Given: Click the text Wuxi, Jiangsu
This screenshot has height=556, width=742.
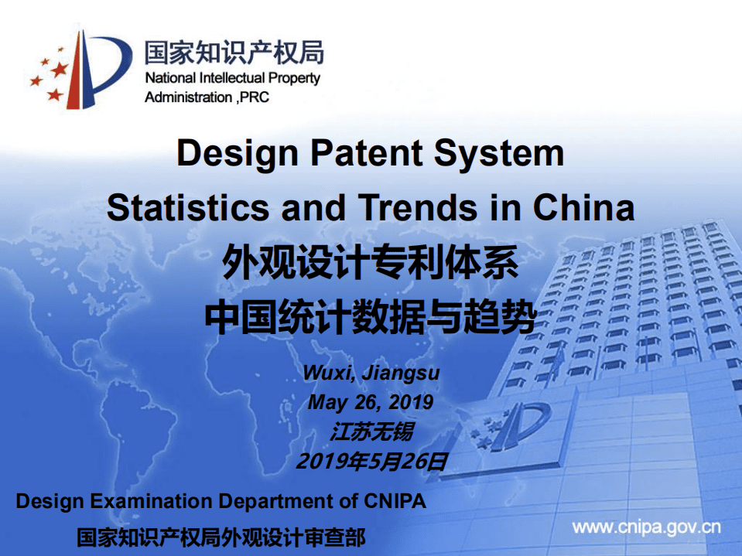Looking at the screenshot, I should coord(371,373).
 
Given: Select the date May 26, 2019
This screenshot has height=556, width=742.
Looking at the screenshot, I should coord(371,402).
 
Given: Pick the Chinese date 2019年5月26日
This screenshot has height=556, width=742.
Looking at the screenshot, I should coord(371,462).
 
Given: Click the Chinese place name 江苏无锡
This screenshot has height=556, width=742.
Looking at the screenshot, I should coord(371,431).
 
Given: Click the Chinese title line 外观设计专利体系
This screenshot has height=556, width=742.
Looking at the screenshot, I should coord(370,263).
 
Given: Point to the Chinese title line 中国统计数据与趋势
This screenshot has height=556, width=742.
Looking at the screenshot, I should coord(370,317).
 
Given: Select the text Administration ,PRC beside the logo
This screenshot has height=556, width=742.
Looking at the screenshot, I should coord(207,97).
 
